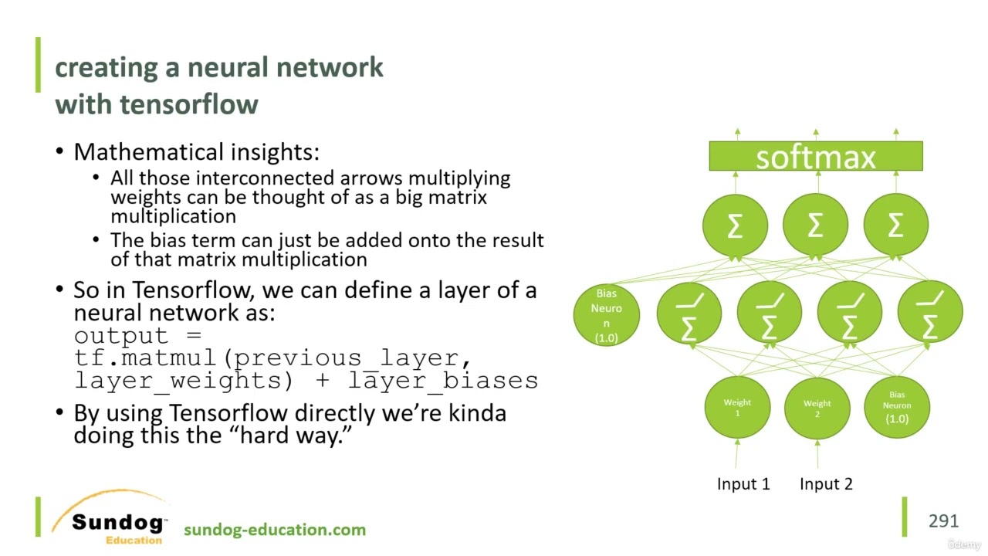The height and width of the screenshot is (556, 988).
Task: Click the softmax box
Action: [x=815, y=156]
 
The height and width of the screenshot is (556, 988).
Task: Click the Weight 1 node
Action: [x=737, y=407]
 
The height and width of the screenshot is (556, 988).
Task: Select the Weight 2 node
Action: [x=817, y=407]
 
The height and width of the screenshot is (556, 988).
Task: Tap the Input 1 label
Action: [x=743, y=484]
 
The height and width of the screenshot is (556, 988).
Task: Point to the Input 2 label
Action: [x=826, y=484]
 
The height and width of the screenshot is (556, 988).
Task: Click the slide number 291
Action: [x=943, y=521]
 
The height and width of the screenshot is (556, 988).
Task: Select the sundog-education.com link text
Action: [x=275, y=530]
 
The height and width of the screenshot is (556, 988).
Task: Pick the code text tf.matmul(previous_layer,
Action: [x=272, y=358]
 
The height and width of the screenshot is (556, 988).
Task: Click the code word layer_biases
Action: [x=443, y=380]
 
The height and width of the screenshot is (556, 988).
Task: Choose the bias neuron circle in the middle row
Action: [x=606, y=314]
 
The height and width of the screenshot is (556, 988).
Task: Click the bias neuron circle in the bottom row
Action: [x=896, y=407]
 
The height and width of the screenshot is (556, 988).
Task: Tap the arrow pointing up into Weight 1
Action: [x=737, y=453]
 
